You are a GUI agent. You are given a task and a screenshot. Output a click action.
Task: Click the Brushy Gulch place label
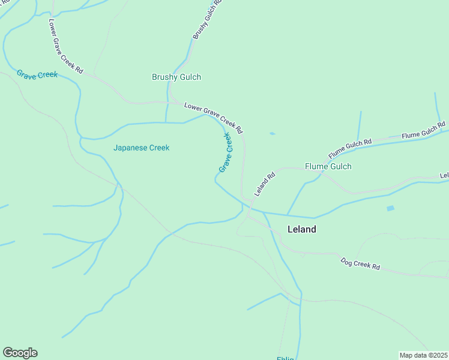point(176,77)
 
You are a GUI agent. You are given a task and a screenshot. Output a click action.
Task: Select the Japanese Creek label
point(142,148)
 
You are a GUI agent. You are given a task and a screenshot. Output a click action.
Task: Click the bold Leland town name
point(302,229)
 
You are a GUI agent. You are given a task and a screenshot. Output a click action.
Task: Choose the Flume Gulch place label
point(328,166)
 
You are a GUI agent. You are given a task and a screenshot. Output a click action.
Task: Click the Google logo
point(20,353)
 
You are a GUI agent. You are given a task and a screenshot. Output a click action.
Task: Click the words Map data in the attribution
point(414,355)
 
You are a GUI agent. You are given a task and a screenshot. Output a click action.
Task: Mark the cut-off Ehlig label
point(285,358)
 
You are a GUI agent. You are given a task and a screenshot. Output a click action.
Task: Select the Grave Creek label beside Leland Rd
point(225,153)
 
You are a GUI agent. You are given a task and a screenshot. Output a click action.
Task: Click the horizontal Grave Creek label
point(37,74)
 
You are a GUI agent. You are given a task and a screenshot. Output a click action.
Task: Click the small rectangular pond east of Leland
point(391,208)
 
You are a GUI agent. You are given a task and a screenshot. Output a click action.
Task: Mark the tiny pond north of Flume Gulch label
point(273,134)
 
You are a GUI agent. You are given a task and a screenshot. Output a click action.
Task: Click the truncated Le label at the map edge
point(444,175)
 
